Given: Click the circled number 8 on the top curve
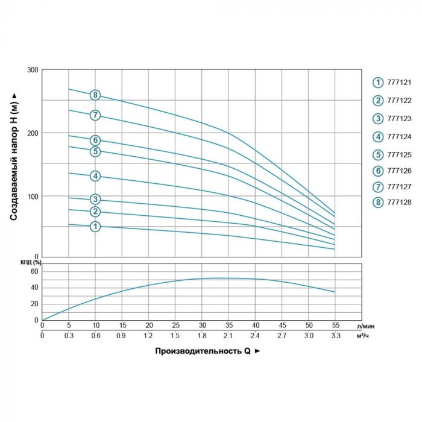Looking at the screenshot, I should [95, 95].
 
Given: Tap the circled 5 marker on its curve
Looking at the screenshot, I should [95, 151].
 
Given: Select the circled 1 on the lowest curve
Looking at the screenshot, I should [95, 227].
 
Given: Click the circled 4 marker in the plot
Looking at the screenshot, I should [95, 176].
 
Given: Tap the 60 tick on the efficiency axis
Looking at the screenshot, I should [34, 271].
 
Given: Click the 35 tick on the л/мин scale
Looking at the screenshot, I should [229, 326].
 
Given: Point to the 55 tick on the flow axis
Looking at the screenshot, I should [335, 326].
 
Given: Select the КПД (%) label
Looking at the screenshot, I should [30, 262].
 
